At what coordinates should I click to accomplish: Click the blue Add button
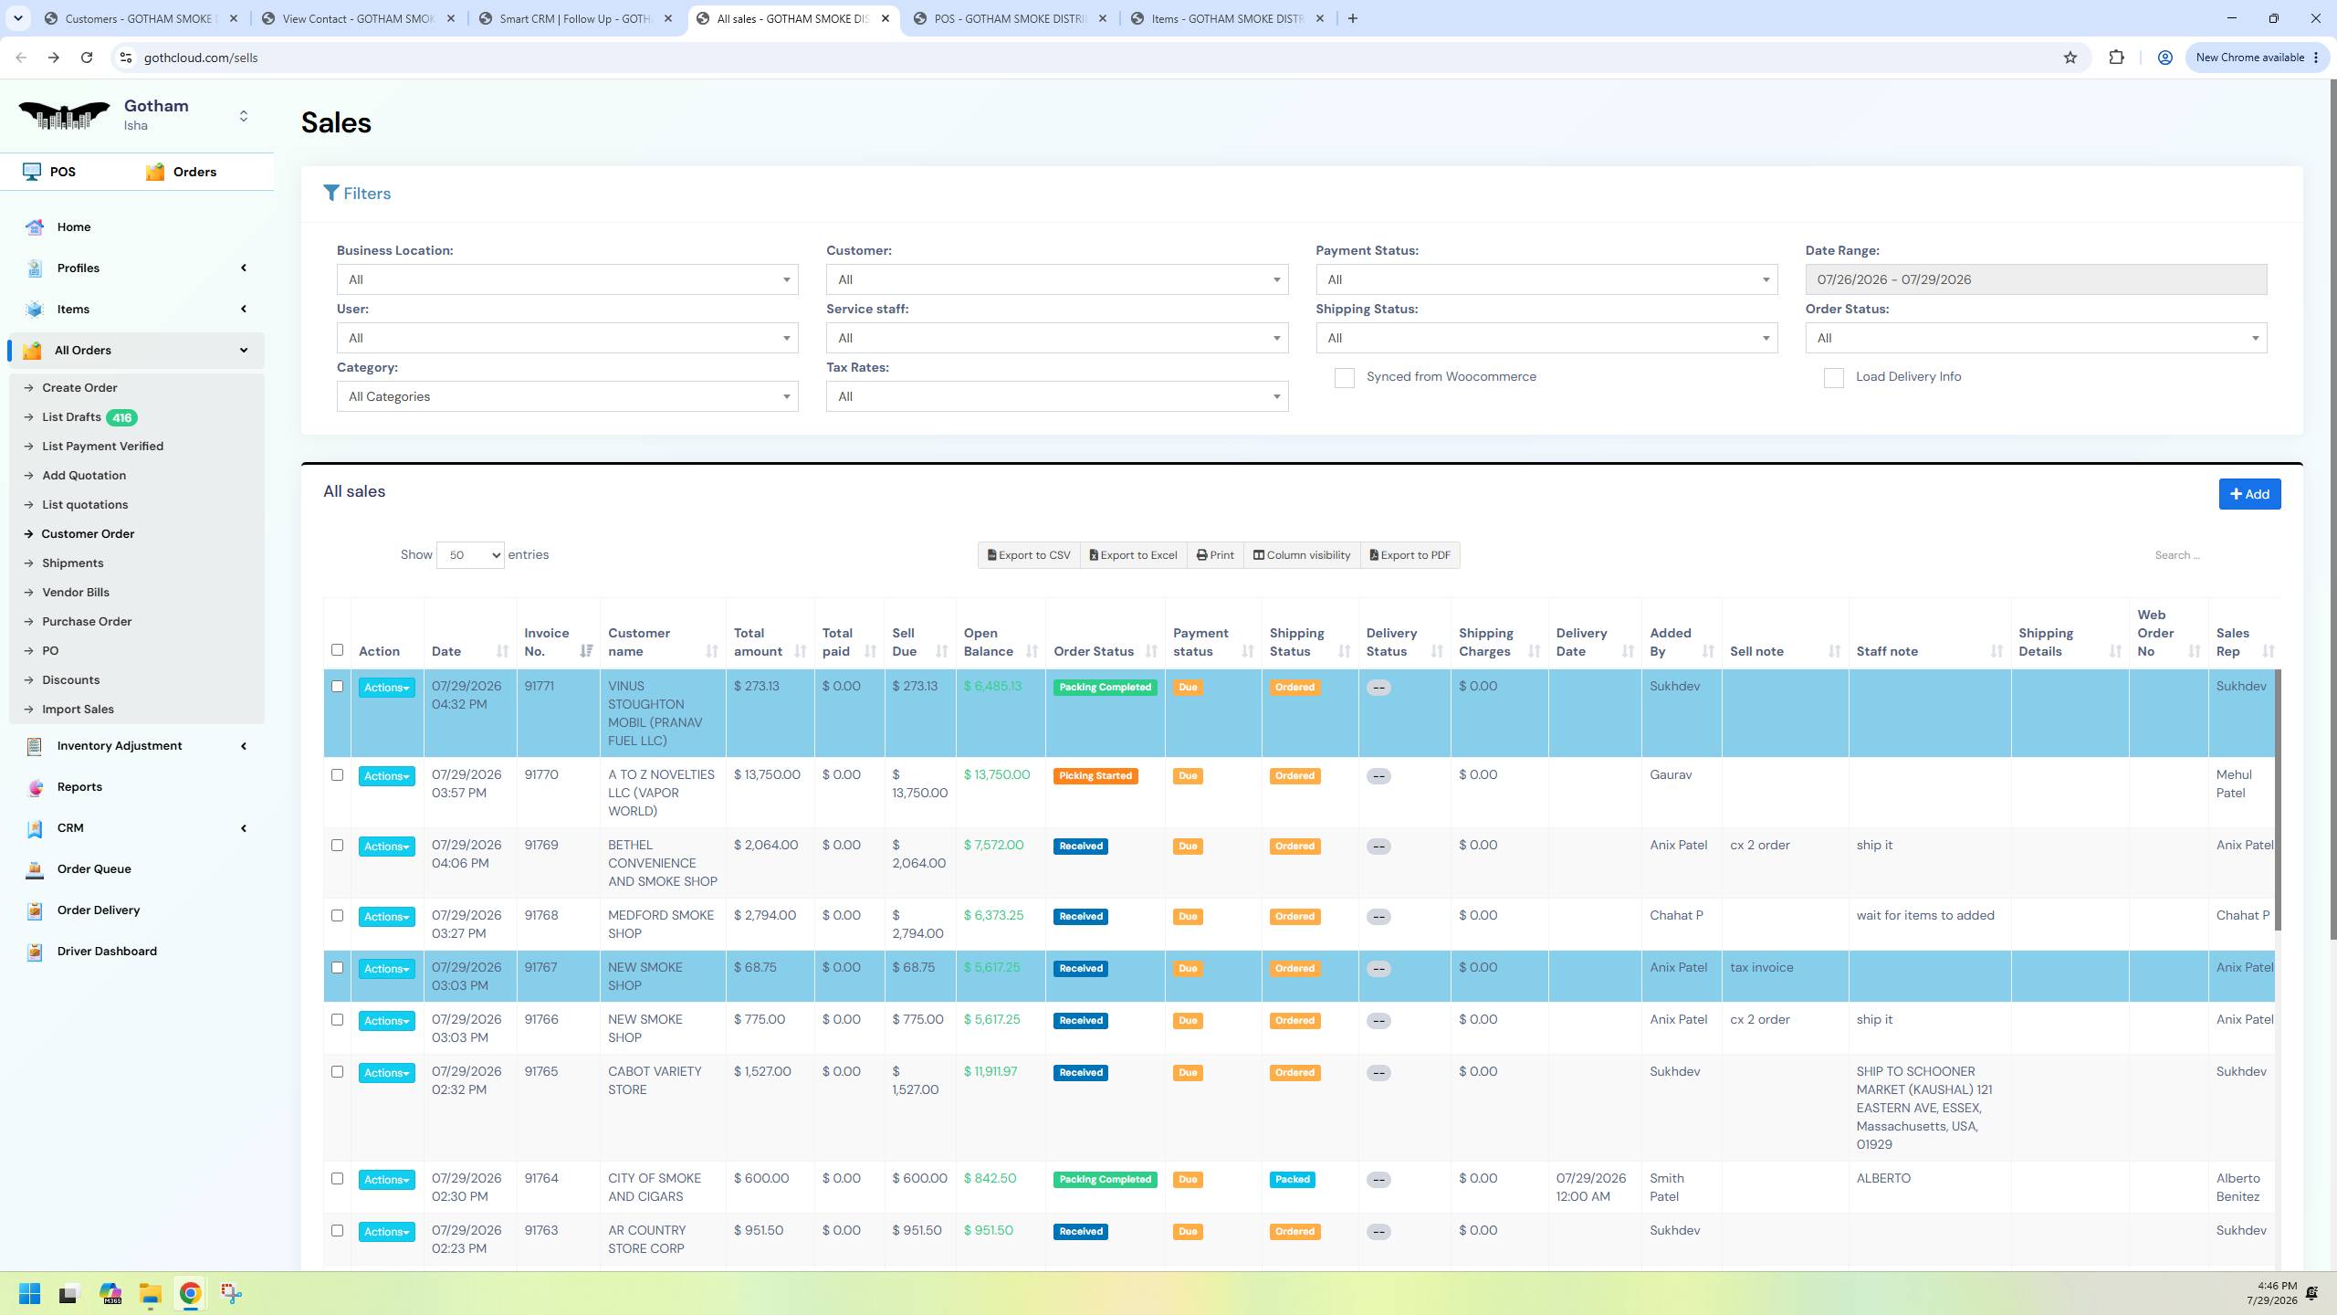click(x=2249, y=494)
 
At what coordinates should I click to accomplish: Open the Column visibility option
click(x=1301, y=555)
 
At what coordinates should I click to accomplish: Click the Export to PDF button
click(x=1410, y=555)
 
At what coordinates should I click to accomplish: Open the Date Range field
click(x=2036, y=279)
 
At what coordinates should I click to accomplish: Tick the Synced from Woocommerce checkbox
click(x=1344, y=378)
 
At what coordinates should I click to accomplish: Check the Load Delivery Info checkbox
click(x=1833, y=378)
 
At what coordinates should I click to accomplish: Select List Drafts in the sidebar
click(x=71, y=417)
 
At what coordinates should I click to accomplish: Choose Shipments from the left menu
click(x=73, y=563)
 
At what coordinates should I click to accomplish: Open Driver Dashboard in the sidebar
click(x=107, y=952)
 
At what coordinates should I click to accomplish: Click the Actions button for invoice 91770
click(x=386, y=776)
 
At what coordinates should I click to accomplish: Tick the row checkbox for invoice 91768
click(x=337, y=916)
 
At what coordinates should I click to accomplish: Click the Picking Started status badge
click(x=1095, y=776)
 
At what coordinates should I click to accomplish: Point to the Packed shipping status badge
click(x=1293, y=1180)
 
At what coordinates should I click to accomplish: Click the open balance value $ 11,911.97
click(x=990, y=1072)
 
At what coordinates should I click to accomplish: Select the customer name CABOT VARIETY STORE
click(x=655, y=1081)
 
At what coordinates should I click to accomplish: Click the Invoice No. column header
click(x=547, y=642)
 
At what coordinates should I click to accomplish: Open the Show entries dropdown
click(x=470, y=555)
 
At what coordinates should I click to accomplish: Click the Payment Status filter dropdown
click(x=1546, y=279)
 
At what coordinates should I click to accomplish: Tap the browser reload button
click(x=87, y=58)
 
